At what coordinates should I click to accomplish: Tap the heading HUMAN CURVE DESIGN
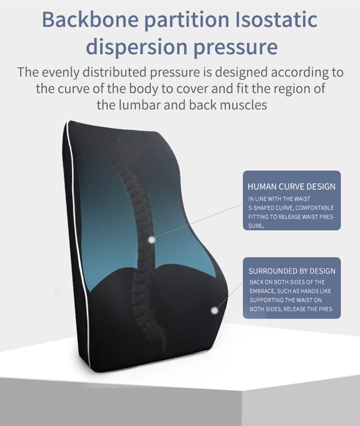point(292,186)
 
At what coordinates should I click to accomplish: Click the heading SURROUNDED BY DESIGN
point(292,271)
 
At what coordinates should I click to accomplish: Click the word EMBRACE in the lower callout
point(263,291)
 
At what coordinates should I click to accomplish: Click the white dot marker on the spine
point(152,240)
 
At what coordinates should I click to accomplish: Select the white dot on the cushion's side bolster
point(215,310)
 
